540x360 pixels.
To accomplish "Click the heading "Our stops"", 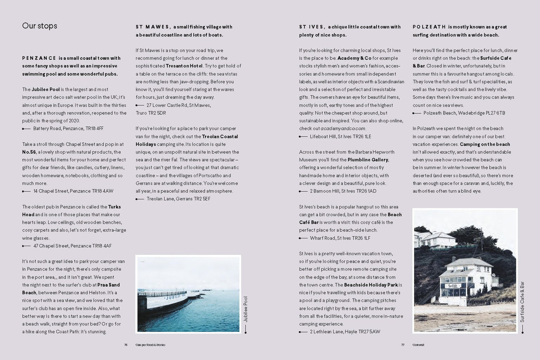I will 40,26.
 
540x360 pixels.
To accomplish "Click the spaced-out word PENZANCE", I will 39,58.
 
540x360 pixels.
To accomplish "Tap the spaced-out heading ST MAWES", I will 153,27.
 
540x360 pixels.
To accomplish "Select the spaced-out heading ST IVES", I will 312,27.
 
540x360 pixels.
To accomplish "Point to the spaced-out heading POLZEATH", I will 429,27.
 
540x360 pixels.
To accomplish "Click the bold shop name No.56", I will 29,152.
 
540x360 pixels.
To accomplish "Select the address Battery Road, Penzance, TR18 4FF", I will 68,129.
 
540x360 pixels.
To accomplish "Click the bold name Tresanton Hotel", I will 184,66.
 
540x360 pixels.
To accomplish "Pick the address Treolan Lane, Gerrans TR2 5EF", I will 179,199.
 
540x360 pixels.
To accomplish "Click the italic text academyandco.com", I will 343,129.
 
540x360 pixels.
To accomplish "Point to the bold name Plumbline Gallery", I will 368,160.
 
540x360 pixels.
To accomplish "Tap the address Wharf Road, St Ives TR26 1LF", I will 340,238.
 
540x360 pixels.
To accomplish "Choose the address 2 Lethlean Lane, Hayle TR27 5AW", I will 345,332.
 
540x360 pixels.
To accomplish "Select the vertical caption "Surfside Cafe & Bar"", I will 522,302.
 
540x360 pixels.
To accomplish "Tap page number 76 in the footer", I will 126,345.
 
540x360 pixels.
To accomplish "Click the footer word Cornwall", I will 418,345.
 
